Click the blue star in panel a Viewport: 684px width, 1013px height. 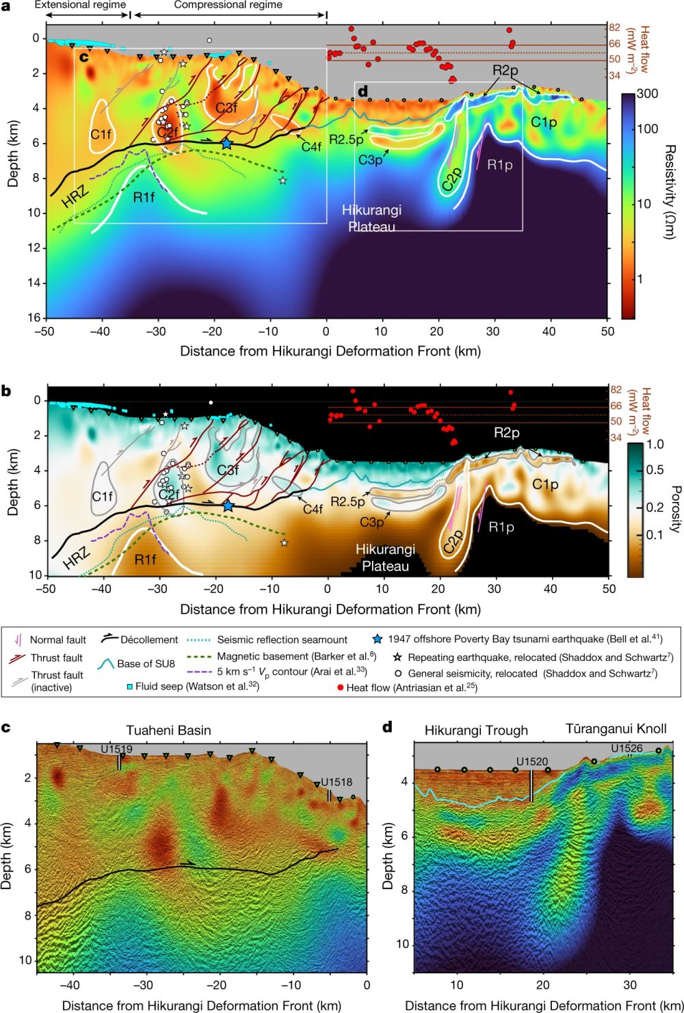pos(226,144)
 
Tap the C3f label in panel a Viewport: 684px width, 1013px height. pos(226,107)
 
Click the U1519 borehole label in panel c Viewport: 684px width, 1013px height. pos(117,750)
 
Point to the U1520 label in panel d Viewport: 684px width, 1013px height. pos(531,761)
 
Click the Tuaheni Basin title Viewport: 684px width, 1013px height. pos(168,730)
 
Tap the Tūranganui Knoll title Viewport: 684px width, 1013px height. pos(616,728)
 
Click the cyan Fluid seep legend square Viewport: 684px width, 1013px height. pos(129,685)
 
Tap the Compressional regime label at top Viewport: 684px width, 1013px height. pos(228,5)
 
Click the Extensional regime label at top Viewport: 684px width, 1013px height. pos(80,5)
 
